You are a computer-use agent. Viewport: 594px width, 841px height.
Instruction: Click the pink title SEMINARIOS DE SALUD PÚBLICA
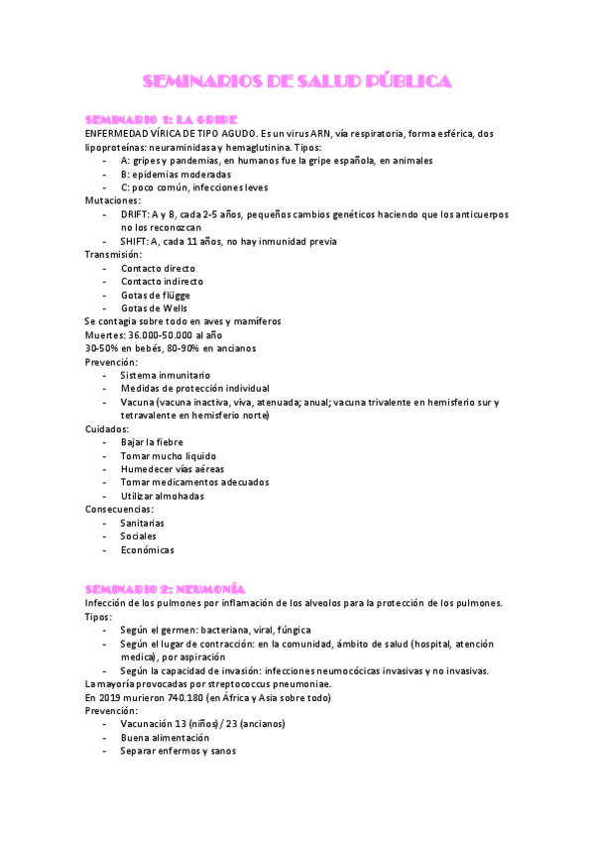[x=297, y=80]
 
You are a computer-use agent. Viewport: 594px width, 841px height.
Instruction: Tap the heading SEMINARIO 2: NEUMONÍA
[x=165, y=589]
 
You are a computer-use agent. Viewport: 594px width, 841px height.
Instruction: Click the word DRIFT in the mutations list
[x=134, y=214]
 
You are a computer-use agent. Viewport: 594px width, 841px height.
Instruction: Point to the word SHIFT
[x=134, y=241]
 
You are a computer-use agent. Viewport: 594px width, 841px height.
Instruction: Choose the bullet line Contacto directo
[x=158, y=268]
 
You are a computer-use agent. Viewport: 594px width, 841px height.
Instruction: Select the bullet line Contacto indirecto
[x=162, y=282]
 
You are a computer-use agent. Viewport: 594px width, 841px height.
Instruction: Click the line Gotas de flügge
[x=156, y=296]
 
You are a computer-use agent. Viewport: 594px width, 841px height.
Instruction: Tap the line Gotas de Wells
[x=154, y=308]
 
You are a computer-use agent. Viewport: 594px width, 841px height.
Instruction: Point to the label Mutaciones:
[x=113, y=200]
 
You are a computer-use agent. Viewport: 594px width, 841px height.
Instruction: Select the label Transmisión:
[x=114, y=255]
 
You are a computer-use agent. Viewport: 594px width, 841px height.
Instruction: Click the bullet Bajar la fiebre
[x=153, y=442]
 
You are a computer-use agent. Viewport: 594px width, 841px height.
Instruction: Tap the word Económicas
[x=147, y=549]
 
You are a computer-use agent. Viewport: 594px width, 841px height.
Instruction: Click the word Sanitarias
[x=143, y=523]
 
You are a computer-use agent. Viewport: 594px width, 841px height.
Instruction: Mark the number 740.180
[x=175, y=697]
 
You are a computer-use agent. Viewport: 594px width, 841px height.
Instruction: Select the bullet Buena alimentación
[x=165, y=738]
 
